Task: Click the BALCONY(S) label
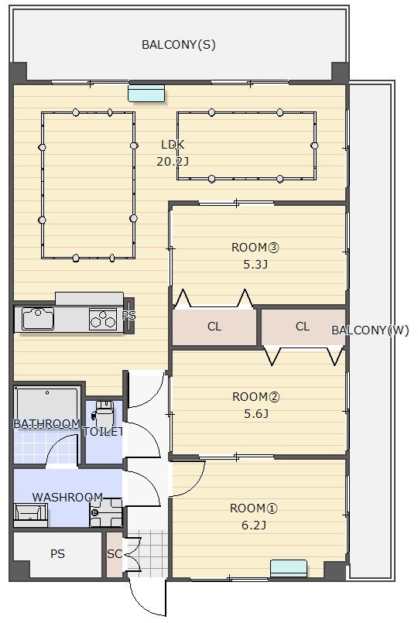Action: click(x=178, y=45)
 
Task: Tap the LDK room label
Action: click(x=173, y=145)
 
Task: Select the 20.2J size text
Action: click(x=173, y=161)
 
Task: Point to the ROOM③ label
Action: click(x=255, y=248)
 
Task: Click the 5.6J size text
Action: click(x=256, y=414)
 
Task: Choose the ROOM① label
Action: click(x=254, y=508)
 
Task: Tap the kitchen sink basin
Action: click(x=38, y=318)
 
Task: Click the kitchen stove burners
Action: click(x=103, y=319)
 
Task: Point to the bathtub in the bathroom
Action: click(x=47, y=406)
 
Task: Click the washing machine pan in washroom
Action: click(x=106, y=512)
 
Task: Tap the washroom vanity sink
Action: click(x=31, y=512)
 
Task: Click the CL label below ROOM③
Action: click(x=214, y=327)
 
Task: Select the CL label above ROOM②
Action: click(x=303, y=327)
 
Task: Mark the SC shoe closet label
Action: click(x=115, y=553)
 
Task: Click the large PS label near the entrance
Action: click(x=57, y=554)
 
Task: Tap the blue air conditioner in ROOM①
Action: click(x=289, y=568)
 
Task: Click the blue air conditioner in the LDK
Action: click(x=146, y=93)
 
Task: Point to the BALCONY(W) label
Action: click(x=370, y=330)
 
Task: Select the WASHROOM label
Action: click(x=67, y=497)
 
